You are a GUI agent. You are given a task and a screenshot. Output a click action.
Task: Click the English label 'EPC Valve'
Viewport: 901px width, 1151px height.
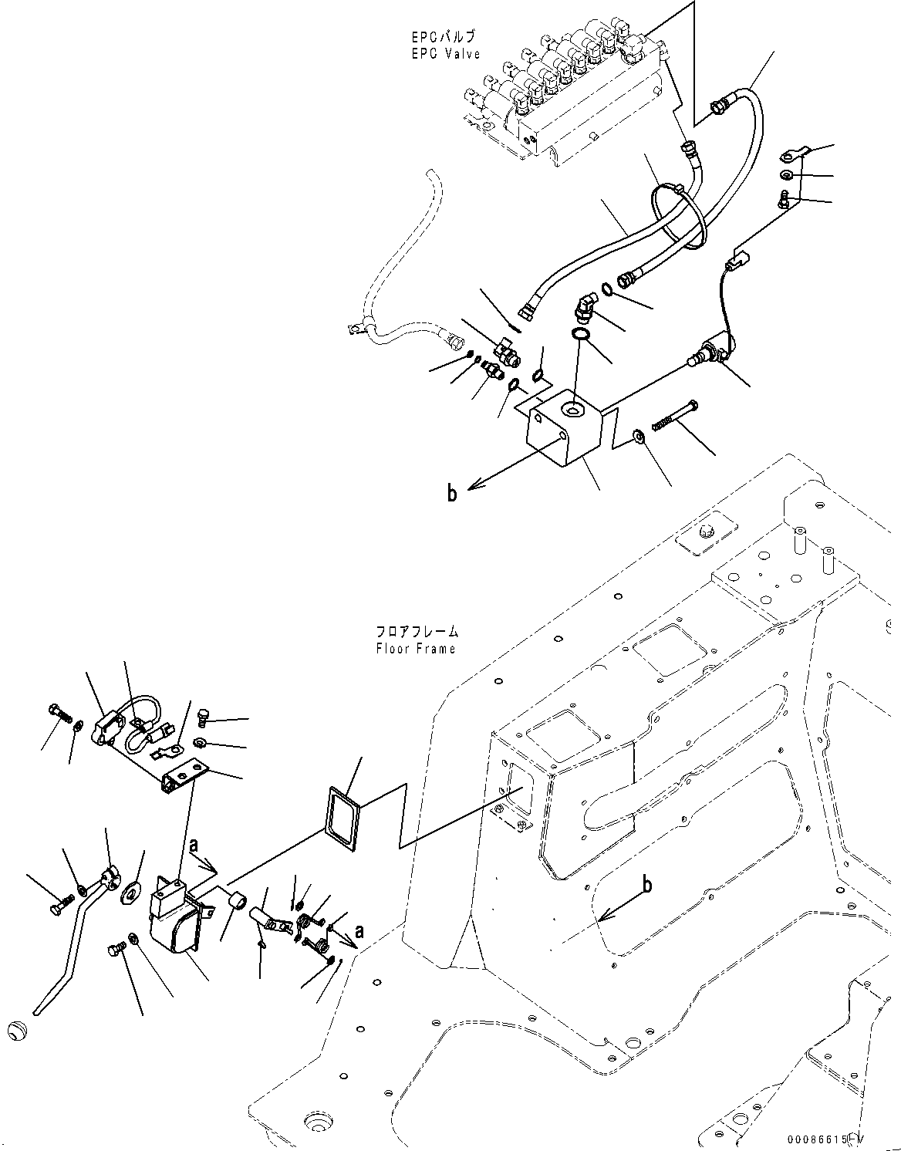[445, 54]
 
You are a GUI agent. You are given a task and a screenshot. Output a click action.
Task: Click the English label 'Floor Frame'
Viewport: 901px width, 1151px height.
[416, 648]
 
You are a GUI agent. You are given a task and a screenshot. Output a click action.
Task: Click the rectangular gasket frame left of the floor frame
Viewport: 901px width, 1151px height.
[342, 815]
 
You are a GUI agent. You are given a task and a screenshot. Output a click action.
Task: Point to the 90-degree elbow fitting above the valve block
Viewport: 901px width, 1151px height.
[584, 308]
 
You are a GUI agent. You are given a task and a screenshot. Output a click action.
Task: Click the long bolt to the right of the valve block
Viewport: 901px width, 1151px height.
[675, 415]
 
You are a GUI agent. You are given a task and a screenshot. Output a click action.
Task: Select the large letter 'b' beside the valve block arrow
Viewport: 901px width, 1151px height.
[452, 493]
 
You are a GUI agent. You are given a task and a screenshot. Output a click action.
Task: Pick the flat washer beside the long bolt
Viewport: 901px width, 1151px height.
[639, 438]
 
